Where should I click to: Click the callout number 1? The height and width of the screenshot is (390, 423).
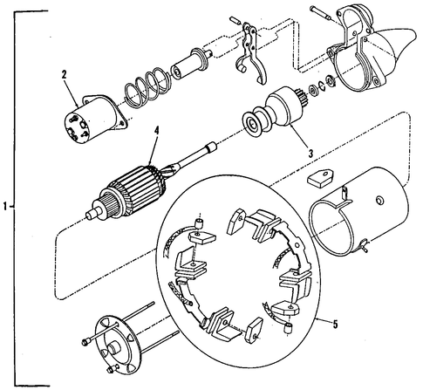click(4, 207)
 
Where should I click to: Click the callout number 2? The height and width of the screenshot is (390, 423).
click(64, 74)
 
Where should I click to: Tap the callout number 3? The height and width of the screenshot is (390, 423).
click(310, 153)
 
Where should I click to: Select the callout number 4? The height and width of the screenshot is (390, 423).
click(157, 132)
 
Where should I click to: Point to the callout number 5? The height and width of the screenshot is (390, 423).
click(336, 324)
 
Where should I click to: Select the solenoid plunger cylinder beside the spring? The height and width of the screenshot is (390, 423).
click(189, 65)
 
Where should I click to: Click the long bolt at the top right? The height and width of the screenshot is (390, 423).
click(321, 13)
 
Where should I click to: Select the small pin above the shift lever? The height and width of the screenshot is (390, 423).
click(234, 21)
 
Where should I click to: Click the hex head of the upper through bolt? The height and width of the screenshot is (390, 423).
click(85, 341)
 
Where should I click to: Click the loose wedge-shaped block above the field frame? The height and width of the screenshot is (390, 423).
click(320, 177)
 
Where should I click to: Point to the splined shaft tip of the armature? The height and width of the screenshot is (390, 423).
click(210, 146)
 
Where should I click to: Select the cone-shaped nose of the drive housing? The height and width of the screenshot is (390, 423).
click(396, 44)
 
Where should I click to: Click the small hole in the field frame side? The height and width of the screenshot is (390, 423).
click(379, 200)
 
